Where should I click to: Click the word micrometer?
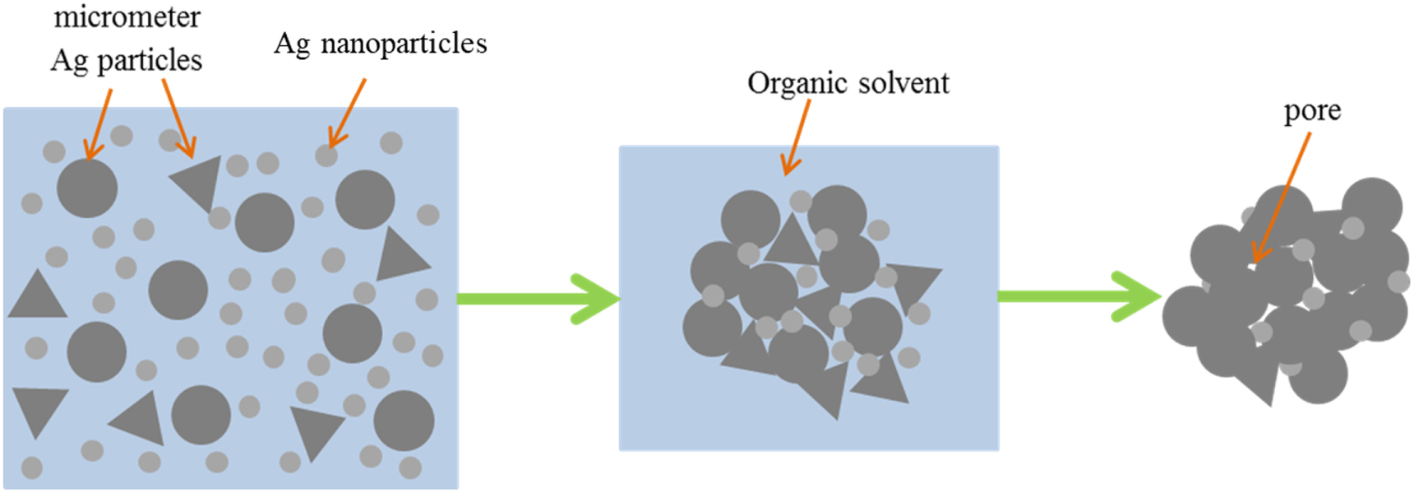pos(127,18)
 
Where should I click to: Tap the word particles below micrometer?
pos(150,60)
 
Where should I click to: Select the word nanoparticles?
pos(404,44)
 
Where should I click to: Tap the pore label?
pos(1312,111)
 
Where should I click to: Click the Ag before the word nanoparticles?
pos(292,44)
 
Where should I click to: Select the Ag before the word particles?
pos(69,60)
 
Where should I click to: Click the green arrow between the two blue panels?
pos(538,298)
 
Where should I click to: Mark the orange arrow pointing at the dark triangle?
pos(178,119)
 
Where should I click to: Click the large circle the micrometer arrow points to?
pos(87,188)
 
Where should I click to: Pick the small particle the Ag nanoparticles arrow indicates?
pos(326,155)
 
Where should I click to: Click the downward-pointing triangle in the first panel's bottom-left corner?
pos(39,408)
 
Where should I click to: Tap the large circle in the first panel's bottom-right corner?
pos(404,421)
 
